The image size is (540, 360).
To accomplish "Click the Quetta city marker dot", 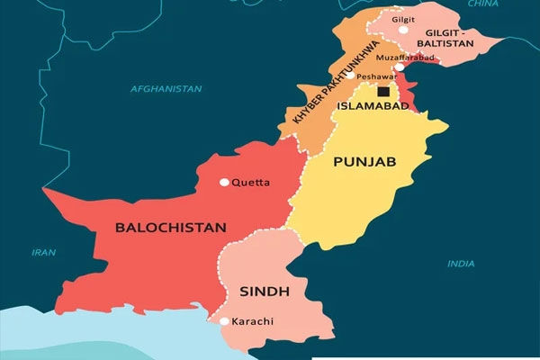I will point(225,182).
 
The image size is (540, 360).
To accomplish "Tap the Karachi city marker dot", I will point(224,320).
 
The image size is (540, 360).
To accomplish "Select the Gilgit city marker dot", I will point(404,30).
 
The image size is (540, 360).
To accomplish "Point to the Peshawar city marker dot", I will point(350,76).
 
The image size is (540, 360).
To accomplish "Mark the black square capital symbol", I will point(383,91).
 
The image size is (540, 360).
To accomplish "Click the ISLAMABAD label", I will point(373,106).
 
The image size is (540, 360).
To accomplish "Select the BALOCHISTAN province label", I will point(170,227).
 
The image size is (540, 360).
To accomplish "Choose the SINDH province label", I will point(263,291).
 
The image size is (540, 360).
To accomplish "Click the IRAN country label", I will point(43,252).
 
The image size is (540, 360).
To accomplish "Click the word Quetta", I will point(250,182).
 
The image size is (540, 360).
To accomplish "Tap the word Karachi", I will point(252,321).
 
